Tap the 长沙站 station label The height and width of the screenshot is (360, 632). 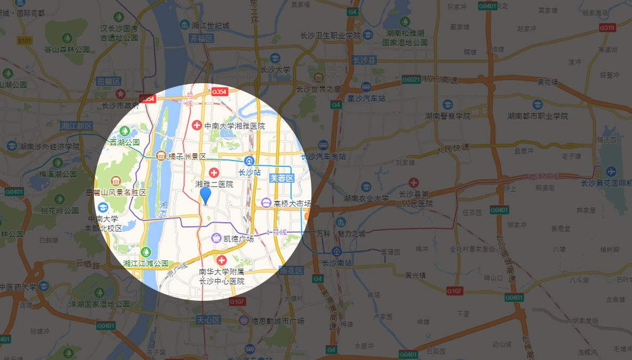point(249,172)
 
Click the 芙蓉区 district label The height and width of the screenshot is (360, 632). point(282,178)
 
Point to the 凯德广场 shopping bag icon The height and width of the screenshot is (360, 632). point(217,238)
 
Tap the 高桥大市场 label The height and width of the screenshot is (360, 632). point(292,203)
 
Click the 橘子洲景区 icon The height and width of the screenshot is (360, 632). point(161,156)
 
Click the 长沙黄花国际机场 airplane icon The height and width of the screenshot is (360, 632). point(611,172)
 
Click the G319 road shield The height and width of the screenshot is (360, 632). point(607,28)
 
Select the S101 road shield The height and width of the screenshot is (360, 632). point(25,41)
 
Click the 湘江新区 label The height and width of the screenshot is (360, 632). point(77,126)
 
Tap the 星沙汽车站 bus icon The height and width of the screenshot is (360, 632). point(366,87)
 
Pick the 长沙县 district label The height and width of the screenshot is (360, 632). point(364,61)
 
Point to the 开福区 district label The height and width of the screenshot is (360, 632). point(201,38)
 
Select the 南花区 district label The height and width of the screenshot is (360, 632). point(291,271)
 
